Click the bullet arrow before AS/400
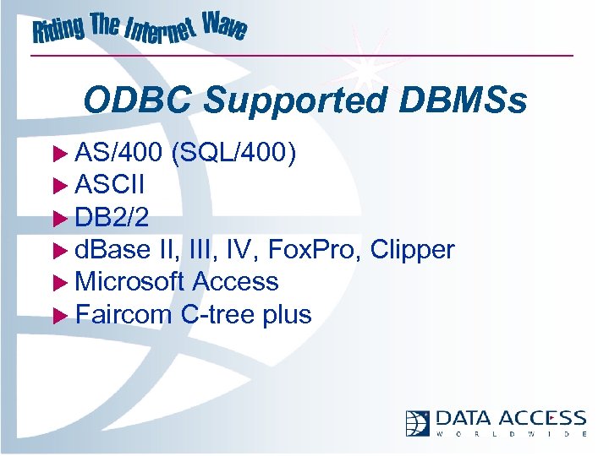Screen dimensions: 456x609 coord(59,154)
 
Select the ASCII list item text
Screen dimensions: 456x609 coord(110,185)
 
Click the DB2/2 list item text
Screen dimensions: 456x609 coord(112,217)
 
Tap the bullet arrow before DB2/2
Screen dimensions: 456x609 coord(59,218)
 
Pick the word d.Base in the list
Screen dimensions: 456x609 coord(114,249)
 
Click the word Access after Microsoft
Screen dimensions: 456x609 coord(235,281)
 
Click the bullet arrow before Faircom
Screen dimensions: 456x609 coord(59,315)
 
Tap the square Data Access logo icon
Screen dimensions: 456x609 coord(418,422)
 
